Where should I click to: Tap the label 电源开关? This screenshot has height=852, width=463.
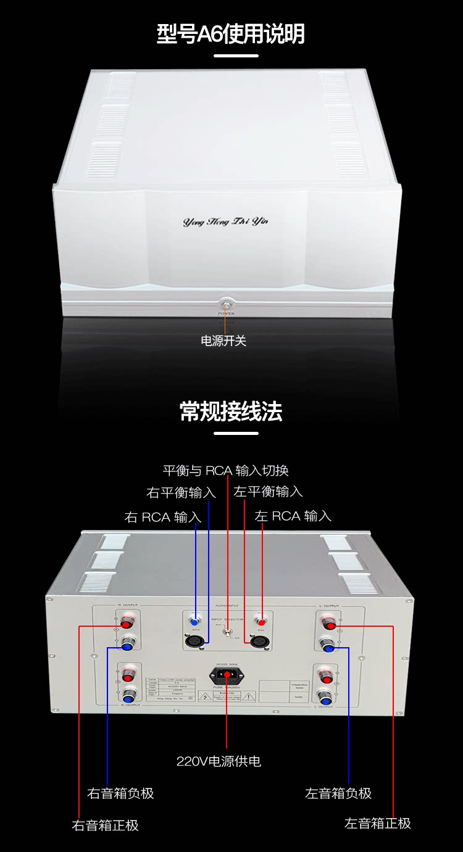tap(223, 341)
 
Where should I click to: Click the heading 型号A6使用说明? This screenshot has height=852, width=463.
tap(231, 33)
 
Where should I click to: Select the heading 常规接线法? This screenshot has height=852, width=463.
tap(231, 411)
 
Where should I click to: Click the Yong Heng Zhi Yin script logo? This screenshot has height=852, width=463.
tap(225, 221)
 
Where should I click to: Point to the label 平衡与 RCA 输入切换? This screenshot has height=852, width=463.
tap(225, 471)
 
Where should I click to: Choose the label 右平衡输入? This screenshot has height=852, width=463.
tap(181, 493)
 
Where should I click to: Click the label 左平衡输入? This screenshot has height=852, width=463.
tap(269, 492)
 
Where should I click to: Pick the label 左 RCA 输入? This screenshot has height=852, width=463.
tap(293, 516)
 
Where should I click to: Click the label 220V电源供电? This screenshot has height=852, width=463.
tap(219, 761)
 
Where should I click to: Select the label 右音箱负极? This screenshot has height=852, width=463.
tap(120, 793)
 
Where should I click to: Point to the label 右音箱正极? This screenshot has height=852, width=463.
tap(106, 825)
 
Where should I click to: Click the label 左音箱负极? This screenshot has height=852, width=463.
tap(338, 793)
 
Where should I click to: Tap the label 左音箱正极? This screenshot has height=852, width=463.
tap(377, 823)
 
